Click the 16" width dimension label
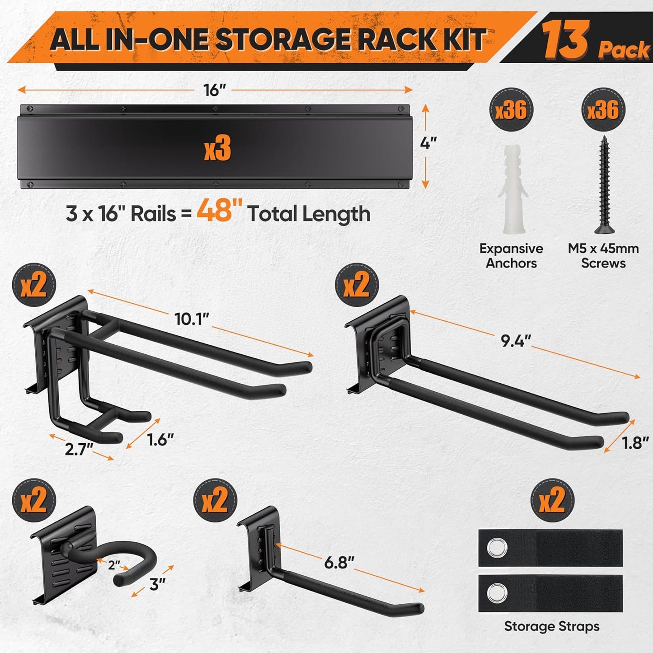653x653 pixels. [214, 90]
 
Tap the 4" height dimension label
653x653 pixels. [428, 143]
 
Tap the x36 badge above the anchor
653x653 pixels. [512, 110]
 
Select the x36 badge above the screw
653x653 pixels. [603, 110]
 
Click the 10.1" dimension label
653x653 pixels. [192, 319]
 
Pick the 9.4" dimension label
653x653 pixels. [516, 341]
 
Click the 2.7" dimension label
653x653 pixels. [79, 449]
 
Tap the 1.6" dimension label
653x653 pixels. [160, 439]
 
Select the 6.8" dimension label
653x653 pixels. [339, 562]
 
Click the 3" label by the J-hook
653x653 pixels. [157, 584]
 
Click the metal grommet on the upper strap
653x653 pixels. [497, 548]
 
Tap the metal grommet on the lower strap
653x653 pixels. [497, 593]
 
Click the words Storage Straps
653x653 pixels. [551, 626]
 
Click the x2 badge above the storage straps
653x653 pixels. [552, 500]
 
